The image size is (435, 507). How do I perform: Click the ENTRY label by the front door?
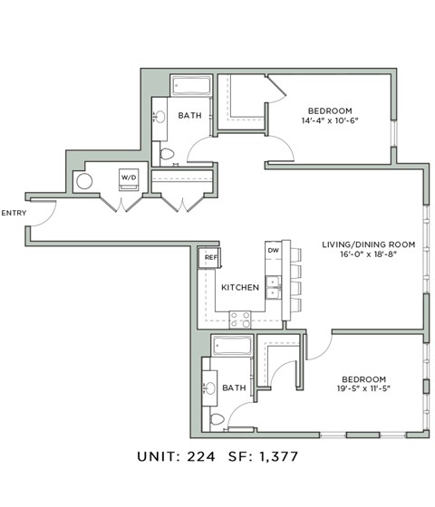click(14, 214)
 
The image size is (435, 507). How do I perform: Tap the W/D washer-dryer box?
click(128, 178)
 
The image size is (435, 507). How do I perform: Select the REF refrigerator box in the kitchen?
click(210, 258)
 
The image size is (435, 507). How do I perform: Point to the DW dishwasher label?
click(272, 250)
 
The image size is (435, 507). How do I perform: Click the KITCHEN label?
click(240, 288)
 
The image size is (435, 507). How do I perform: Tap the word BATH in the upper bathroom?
click(189, 115)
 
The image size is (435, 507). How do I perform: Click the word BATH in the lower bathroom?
click(234, 387)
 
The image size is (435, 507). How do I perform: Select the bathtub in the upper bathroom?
click(189, 88)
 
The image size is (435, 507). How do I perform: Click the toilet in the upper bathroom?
click(167, 154)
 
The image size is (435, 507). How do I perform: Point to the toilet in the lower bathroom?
click(216, 419)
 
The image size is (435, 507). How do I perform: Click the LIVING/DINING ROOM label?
click(368, 244)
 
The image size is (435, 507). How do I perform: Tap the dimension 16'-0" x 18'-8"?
click(368, 255)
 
